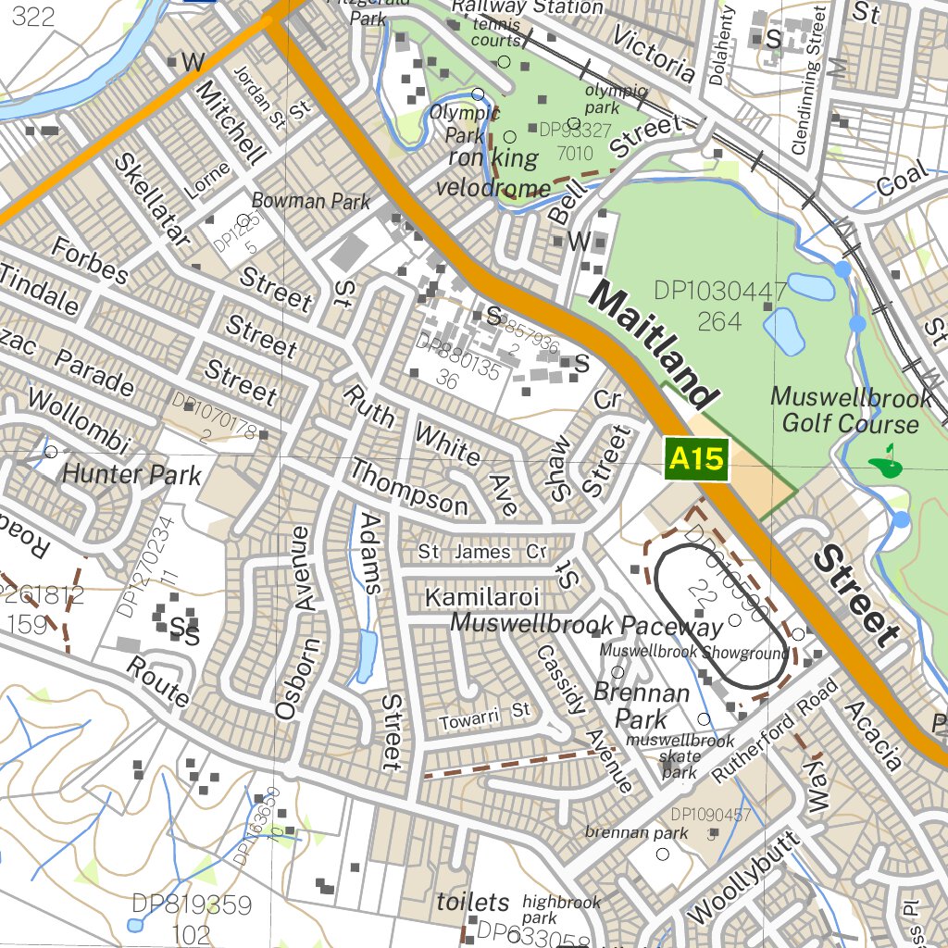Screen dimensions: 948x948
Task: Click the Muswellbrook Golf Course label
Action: coord(851,411)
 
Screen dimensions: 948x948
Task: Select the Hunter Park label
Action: coord(131,476)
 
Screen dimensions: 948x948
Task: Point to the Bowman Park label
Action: coord(311,201)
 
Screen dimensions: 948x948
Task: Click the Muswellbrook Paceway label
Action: coord(586,625)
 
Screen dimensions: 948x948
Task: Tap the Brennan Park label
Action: coord(642,705)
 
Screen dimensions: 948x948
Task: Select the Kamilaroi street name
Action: coord(481,597)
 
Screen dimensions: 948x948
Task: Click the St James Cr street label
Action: coord(482,552)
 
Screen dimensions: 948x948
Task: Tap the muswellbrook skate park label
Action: coord(680,755)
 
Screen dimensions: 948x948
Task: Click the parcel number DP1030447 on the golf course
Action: coord(720,291)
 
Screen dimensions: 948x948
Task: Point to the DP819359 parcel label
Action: coord(192,904)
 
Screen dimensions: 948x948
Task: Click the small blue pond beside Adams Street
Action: coord(367,653)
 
